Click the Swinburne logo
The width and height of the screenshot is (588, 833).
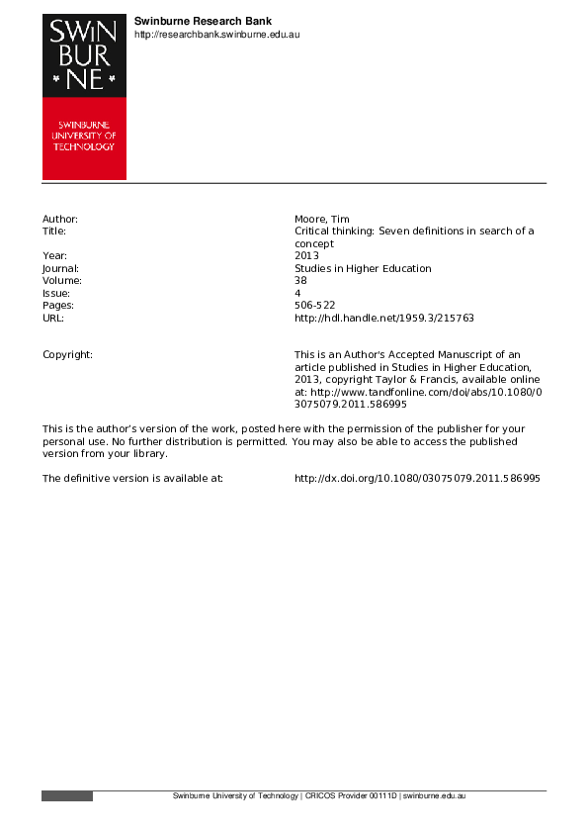coord(84,97)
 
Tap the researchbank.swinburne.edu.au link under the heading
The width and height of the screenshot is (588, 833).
coord(216,35)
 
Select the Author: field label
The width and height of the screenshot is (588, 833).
coord(59,219)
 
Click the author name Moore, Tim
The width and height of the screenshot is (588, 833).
coord(321,219)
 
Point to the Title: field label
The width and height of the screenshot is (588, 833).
coord(54,231)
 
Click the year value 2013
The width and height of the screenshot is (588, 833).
coord(307,256)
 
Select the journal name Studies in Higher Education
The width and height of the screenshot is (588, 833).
coord(363,268)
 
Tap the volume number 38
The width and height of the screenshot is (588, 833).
coord(300,281)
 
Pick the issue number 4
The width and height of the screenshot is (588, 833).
coord(297,294)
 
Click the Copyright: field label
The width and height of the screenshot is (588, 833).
coord(67,354)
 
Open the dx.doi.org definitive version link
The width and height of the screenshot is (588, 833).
coord(417,478)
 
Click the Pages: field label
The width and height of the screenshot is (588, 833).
coord(57,306)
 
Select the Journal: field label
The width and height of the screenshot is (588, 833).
coord(60,268)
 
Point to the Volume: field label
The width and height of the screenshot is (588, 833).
coord(61,281)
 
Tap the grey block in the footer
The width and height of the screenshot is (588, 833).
coord(67,796)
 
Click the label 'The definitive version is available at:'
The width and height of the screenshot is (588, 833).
coord(132,478)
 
